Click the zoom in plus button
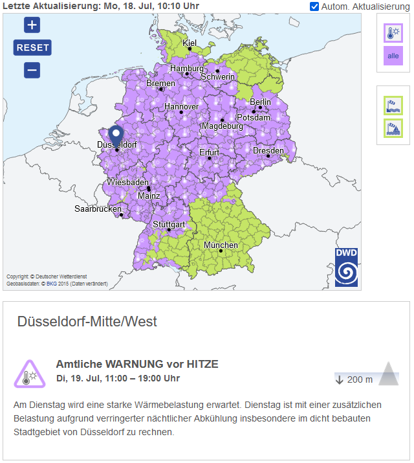(x=32, y=25)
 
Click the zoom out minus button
(x=32, y=70)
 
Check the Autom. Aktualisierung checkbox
(x=314, y=6)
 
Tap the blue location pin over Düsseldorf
(x=116, y=137)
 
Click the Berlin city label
(x=261, y=102)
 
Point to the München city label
(x=221, y=245)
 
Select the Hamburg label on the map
(x=187, y=69)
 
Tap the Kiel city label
(x=190, y=43)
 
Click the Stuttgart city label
(x=169, y=225)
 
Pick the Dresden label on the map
(x=268, y=151)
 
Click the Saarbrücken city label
(x=98, y=209)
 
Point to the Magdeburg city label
(x=223, y=126)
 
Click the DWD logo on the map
(x=346, y=266)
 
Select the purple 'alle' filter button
(x=393, y=56)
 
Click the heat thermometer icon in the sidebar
(x=393, y=34)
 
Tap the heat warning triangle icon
(x=29, y=374)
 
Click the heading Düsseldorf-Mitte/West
(x=87, y=321)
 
